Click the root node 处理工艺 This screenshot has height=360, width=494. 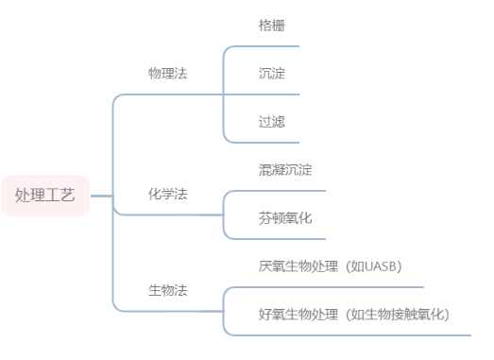click(x=45, y=196)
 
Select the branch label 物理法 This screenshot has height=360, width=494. click(x=168, y=74)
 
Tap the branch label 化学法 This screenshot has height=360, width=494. click(x=168, y=194)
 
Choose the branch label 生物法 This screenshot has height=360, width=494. click(x=168, y=289)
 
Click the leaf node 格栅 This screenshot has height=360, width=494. click(x=272, y=26)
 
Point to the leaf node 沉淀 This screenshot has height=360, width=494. click(x=272, y=74)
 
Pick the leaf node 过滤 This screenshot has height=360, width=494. click(x=272, y=122)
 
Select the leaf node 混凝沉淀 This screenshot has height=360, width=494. click(x=285, y=170)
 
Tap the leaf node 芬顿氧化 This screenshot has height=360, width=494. click(x=285, y=218)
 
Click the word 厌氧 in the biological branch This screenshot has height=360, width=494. click(x=272, y=266)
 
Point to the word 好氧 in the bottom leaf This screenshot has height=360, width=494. click(x=272, y=314)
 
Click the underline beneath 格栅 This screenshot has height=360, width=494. click(x=274, y=46)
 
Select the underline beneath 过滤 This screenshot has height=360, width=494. click(x=274, y=143)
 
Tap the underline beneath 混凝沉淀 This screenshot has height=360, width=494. click(x=283, y=191)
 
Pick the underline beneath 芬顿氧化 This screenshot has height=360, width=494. click(x=283, y=238)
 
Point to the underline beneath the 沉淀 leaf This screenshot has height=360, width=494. click(x=274, y=94)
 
